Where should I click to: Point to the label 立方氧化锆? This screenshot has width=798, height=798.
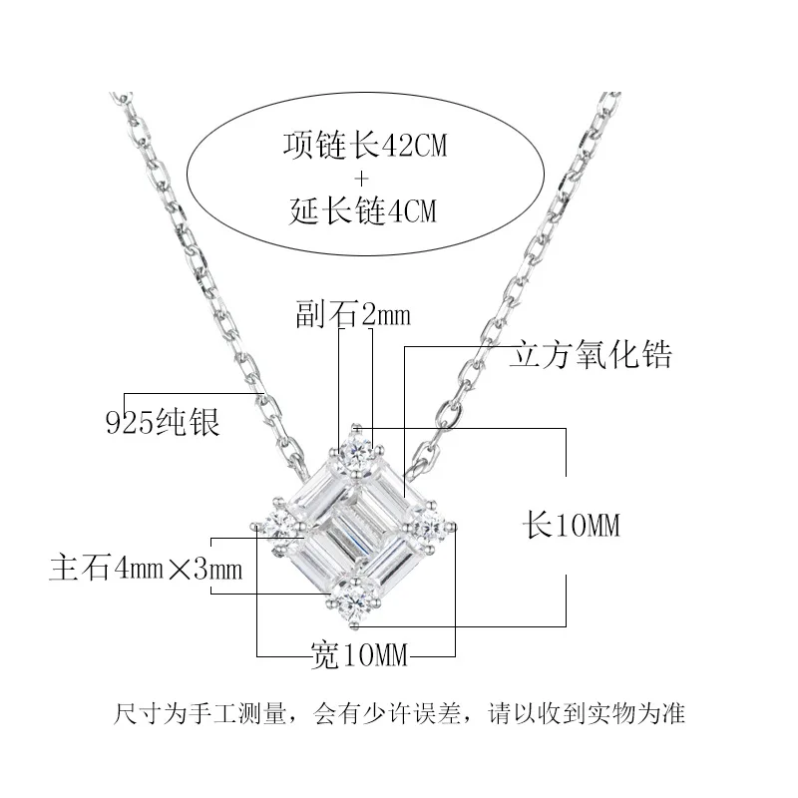click(x=593, y=354)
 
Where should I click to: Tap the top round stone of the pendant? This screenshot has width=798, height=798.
click(x=356, y=451)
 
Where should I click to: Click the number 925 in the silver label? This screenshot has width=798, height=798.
click(x=127, y=423)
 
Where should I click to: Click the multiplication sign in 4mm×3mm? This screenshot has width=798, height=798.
click(x=190, y=571)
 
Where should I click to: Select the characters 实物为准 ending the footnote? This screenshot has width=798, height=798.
click(x=651, y=714)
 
